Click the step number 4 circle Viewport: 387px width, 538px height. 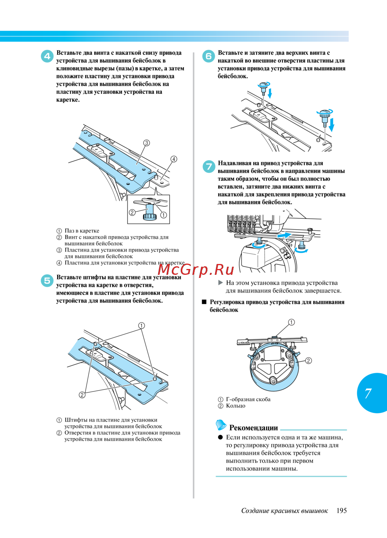[x=47, y=56]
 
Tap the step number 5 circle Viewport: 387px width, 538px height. [x=47, y=281]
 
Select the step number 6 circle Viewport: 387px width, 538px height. [x=209, y=56]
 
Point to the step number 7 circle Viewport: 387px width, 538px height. [x=209, y=167]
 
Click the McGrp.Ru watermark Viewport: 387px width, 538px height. [x=196, y=269]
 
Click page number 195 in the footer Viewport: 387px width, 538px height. [x=341, y=511]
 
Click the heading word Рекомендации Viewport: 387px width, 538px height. [x=253, y=427]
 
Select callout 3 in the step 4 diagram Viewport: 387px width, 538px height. [x=146, y=143]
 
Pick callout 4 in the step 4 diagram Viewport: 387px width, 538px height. [x=174, y=159]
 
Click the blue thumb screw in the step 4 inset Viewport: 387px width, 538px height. [x=149, y=212]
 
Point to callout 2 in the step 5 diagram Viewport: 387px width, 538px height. [x=82, y=395]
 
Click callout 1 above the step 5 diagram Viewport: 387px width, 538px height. [x=142, y=325]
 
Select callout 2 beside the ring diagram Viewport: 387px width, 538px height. [x=308, y=361]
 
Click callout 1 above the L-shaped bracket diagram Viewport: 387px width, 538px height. [x=291, y=322]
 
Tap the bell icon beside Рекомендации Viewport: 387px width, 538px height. [x=221, y=425]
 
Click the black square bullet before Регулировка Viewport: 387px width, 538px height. [x=204, y=302]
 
